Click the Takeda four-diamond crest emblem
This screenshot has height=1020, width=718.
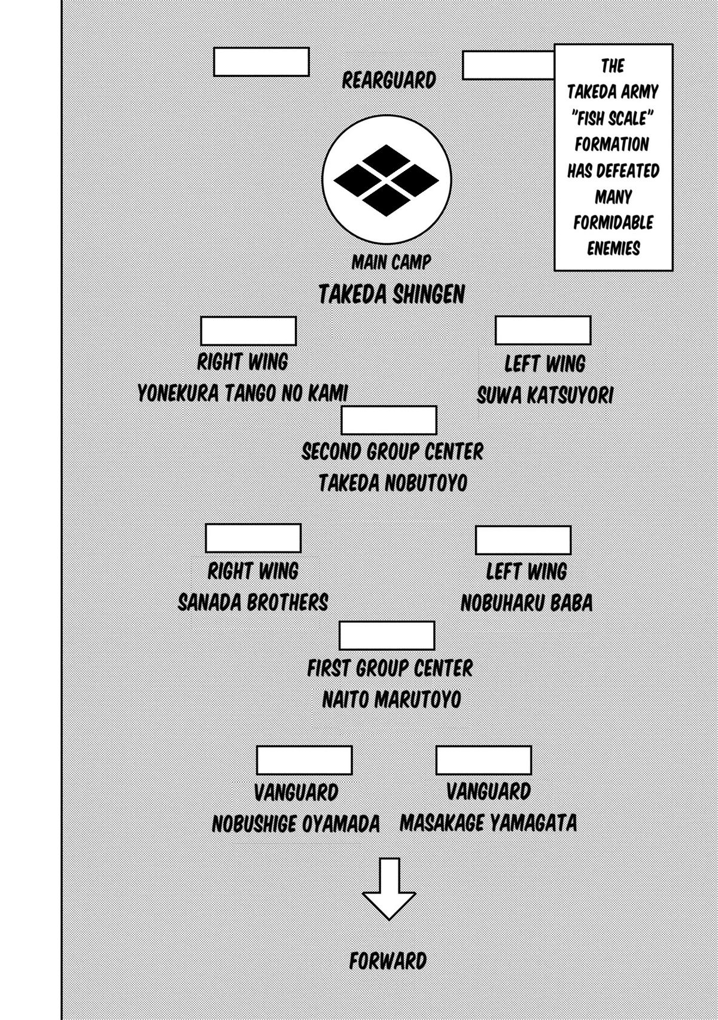pos(387,179)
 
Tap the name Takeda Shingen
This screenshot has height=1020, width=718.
pos(391,294)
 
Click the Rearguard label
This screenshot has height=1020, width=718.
pos(389,80)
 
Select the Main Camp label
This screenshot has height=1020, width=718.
pos(391,262)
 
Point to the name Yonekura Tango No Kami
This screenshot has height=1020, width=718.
pos(242,394)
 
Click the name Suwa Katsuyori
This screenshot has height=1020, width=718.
pos(545,395)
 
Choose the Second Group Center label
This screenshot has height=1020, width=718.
pos(392,452)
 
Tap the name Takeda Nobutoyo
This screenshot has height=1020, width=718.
pos(392,483)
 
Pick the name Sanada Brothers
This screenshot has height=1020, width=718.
pos(253,602)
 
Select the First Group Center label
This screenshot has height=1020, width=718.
pos(390,668)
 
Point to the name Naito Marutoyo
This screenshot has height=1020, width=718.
pos(391,699)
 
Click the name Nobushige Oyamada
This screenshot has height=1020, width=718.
pos(296,824)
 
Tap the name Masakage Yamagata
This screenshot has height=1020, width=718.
pos(488,823)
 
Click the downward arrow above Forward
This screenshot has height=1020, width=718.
pos(389,888)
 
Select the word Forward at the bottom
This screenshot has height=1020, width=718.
pos(388,961)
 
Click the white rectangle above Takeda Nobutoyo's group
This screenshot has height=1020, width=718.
pos(388,420)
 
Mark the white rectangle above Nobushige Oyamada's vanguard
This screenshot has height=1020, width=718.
pos(304,760)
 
